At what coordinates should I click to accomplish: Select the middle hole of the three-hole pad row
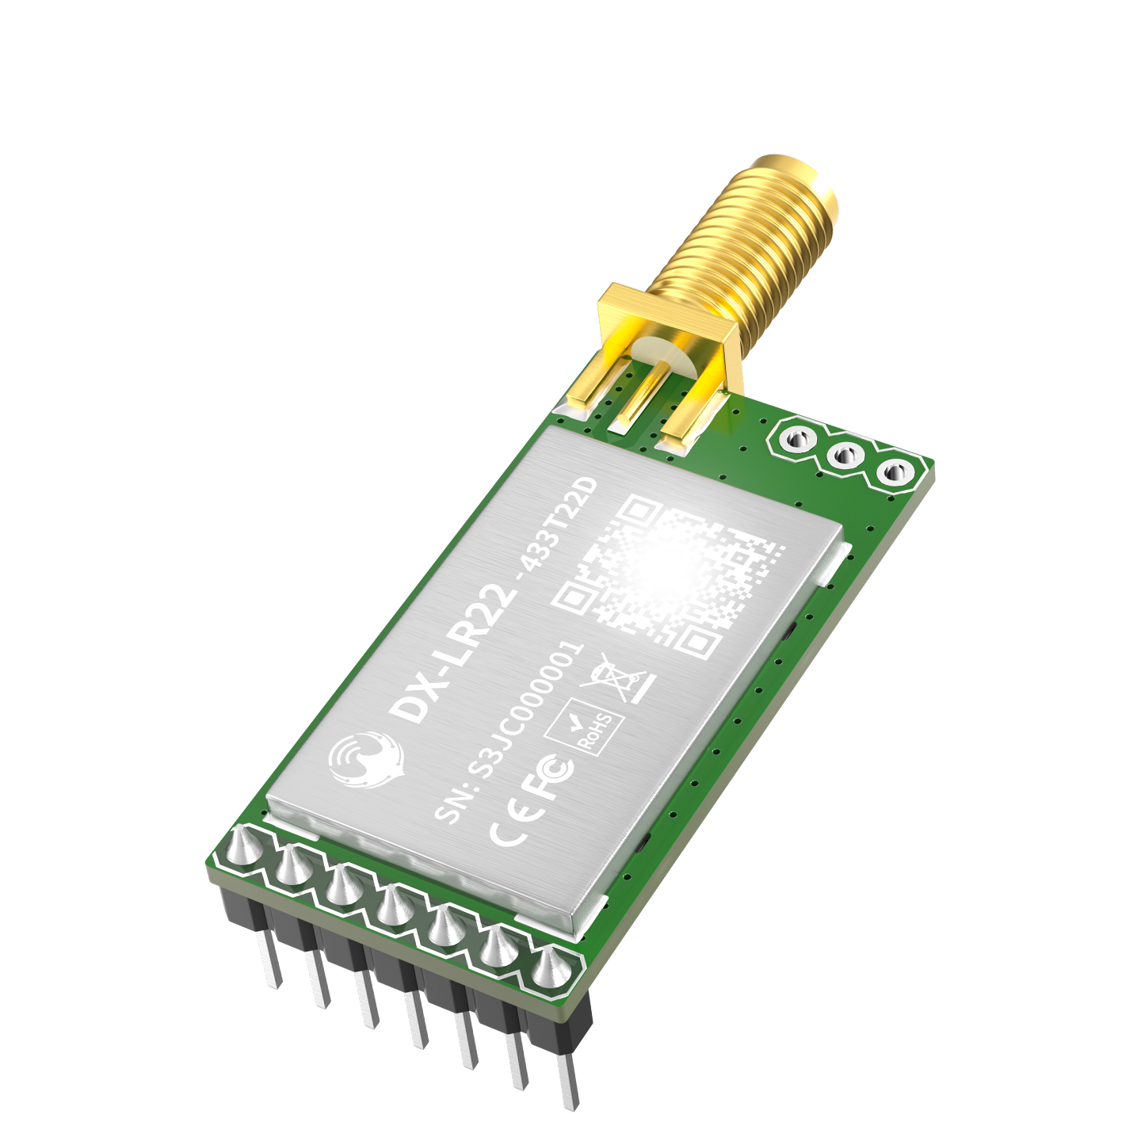click(845, 456)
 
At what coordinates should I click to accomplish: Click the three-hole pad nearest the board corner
click(893, 474)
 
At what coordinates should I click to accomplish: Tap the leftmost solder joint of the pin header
click(245, 848)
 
